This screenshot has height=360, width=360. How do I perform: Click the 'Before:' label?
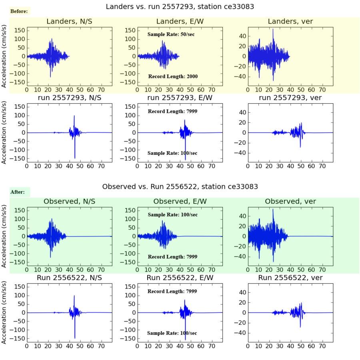pos(19,11)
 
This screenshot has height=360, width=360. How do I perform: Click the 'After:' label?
pos(18,192)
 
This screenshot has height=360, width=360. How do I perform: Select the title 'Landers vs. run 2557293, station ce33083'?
pos(180,6)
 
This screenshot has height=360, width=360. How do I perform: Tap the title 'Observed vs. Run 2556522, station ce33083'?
pos(180,186)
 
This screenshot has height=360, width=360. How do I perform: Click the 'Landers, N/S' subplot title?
pos(69,22)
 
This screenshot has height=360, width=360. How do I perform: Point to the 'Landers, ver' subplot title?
pos(290,22)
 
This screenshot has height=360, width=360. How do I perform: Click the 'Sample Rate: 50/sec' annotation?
pos(171,34)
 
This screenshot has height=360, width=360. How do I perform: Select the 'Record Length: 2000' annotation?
pos(173,76)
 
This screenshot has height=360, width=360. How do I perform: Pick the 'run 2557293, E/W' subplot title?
pos(180,98)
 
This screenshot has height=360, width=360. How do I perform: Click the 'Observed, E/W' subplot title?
pos(180,202)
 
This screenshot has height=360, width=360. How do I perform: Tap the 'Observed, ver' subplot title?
pos(290,202)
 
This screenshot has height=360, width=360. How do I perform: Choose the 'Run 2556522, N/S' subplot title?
pos(69,278)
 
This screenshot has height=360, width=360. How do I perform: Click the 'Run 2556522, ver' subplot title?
pos(290,278)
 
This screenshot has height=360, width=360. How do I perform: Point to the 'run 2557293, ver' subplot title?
pos(290,98)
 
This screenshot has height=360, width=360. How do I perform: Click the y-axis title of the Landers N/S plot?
pos(4,56)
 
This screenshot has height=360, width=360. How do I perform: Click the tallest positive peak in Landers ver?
pos(273,29)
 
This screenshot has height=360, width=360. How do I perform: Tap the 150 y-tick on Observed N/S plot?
pos(20,210)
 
